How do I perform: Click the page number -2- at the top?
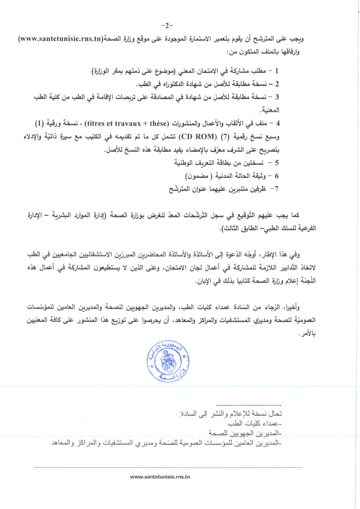[x=167, y=25]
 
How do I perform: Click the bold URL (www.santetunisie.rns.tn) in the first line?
[x=61, y=39]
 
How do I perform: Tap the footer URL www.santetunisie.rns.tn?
[x=160, y=477]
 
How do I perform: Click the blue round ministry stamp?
[x=168, y=361]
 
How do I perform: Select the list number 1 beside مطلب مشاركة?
[x=277, y=71]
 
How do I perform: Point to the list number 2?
[x=277, y=84]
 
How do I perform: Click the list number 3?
[x=277, y=97]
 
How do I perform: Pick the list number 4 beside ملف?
[x=278, y=123]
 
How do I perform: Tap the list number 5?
[x=277, y=163]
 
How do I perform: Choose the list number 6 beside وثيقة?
[x=277, y=176]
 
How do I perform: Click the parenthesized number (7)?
[x=225, y=137]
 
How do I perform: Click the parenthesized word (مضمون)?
[x=197, y=176]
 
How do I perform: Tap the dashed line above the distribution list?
[x=248, y=405]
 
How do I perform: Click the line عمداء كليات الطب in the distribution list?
[x=254, y=423]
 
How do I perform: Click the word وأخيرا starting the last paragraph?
[x=291, y=307]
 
